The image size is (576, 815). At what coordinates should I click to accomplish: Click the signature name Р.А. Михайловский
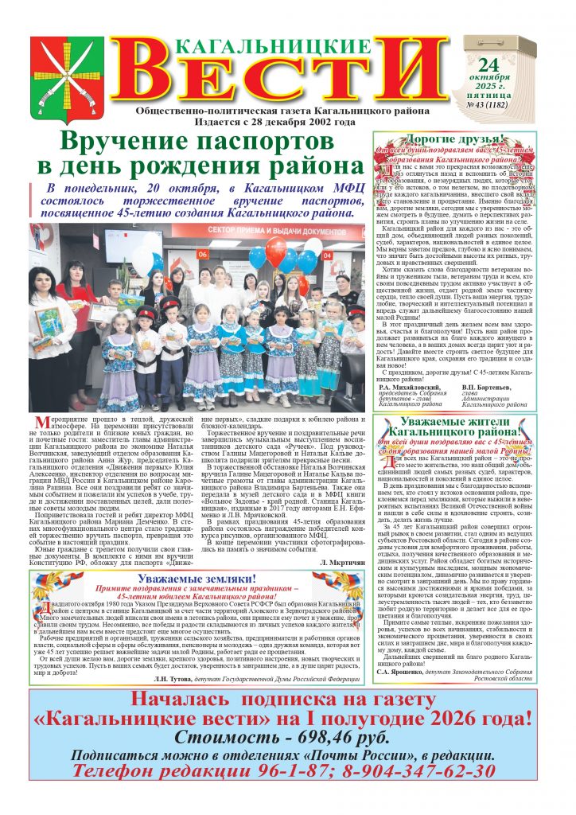click(x=412, y=386)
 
